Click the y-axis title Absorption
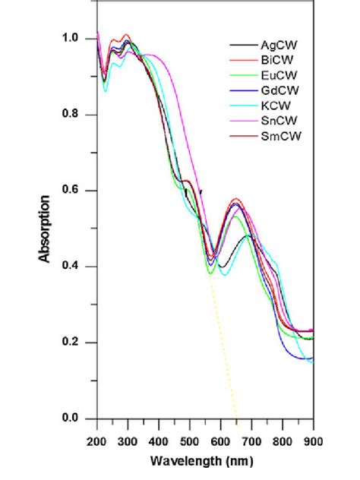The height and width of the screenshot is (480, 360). click(45, 229)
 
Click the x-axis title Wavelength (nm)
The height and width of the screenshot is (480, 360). click(205, 461)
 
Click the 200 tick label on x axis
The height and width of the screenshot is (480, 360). click(97, 440)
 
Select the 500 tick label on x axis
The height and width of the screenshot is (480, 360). click(190, 440)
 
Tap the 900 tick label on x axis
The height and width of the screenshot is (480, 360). click(313, 440)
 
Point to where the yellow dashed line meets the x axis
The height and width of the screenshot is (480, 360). click(237, 418)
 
